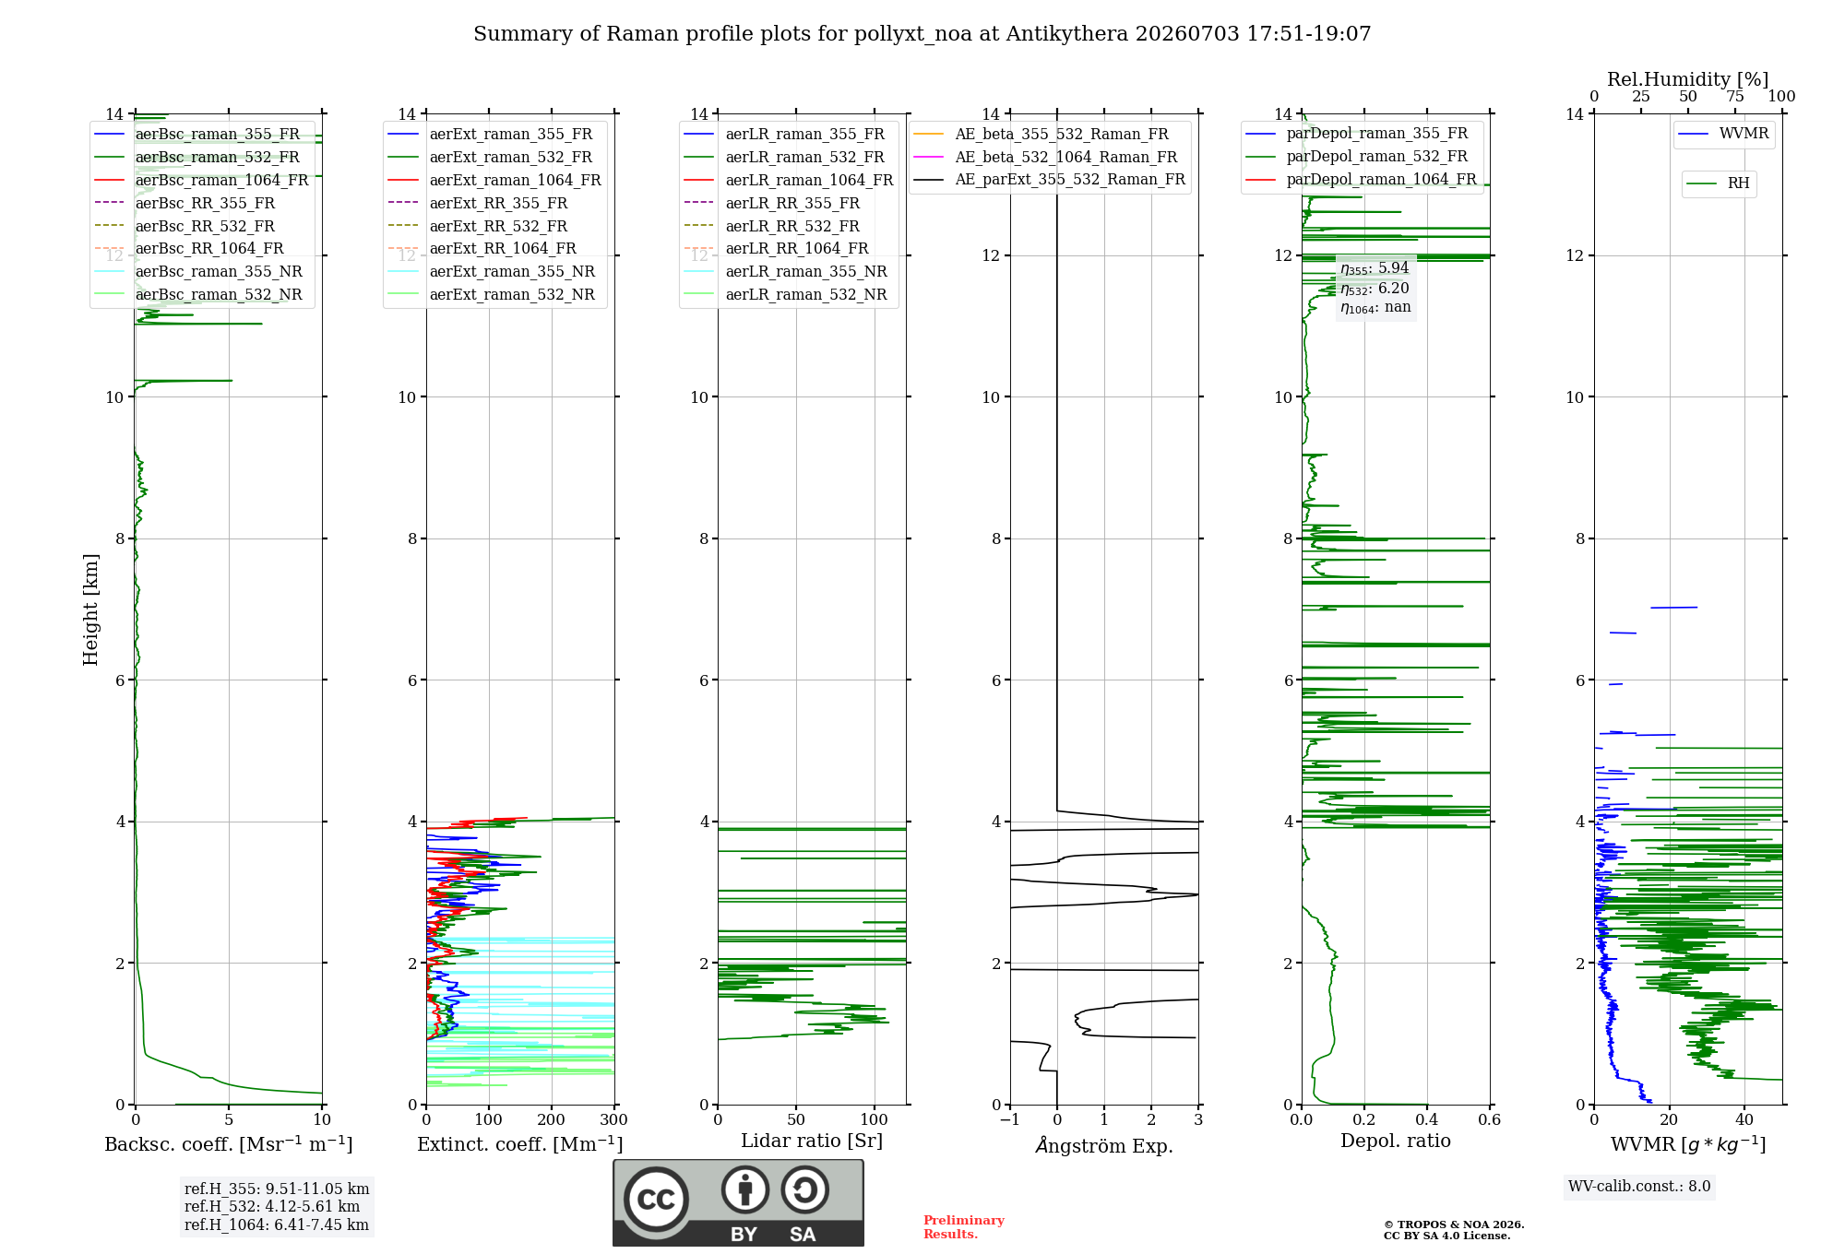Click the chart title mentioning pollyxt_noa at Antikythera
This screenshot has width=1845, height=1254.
922,34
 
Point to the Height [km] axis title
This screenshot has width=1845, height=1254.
90,609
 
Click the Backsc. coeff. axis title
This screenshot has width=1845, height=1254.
229,1144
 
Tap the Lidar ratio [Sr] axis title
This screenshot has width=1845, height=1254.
812,1142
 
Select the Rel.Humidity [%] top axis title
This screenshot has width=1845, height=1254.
1688,79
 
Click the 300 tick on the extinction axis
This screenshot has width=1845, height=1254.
614,1120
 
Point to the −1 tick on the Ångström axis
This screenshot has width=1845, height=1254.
1010,1120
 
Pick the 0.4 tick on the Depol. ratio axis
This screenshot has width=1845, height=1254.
1427,1120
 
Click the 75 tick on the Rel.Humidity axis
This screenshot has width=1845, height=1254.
1735,97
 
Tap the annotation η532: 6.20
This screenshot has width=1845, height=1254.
1375,289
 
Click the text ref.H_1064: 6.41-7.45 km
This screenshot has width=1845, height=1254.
277,1224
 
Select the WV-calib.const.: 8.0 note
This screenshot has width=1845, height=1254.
1639,1187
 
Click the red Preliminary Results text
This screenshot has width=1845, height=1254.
964,1227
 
